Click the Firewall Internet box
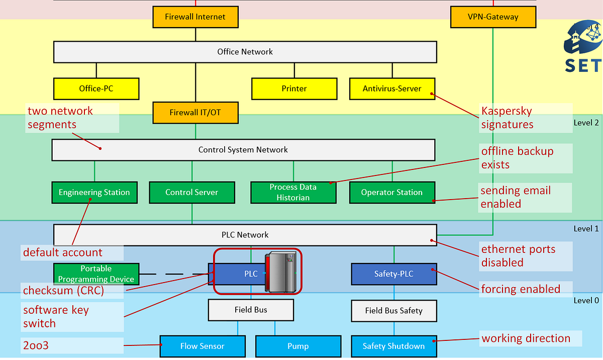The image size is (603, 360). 195,17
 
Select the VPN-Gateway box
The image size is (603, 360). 492,17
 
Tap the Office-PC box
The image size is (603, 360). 96,88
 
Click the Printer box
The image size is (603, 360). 294,88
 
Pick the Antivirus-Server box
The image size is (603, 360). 392,88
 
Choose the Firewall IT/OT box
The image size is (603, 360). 195,113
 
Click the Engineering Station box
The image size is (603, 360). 94,193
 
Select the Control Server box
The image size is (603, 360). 191,193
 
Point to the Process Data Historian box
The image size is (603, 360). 293,193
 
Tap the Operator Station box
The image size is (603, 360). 392,193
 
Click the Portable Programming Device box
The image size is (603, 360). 95,274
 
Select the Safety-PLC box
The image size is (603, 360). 394,274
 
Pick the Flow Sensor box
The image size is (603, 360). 203,346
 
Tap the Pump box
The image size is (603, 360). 298,346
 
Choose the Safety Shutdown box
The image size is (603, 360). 393,346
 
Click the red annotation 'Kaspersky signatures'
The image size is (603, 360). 507,118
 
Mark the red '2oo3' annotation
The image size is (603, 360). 36,345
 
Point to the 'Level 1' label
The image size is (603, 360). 586,229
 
